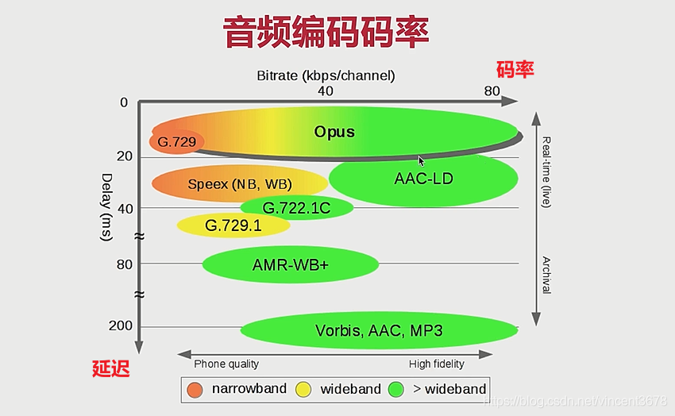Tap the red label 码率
515,70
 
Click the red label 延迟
110,368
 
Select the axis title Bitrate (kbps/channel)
326,75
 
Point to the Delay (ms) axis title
107,208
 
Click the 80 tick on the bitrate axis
492,91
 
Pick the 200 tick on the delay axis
121,326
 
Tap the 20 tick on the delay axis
124,156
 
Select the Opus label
334,132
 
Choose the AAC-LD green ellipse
423,179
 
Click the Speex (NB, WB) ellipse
239,184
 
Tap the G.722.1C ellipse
296,208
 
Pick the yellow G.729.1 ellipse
233,225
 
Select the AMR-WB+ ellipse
290,265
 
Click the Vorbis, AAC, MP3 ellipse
379,330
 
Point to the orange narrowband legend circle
195,389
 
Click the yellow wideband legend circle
303,389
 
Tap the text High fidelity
437,364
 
